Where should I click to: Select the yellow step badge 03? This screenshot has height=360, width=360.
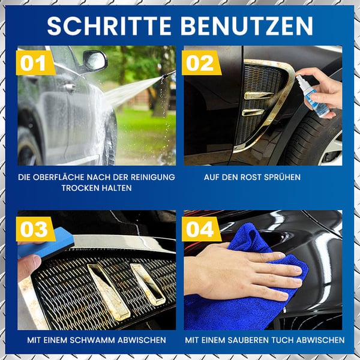coord(35,229)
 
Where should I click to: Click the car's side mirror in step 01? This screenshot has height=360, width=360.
coord(95,60)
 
